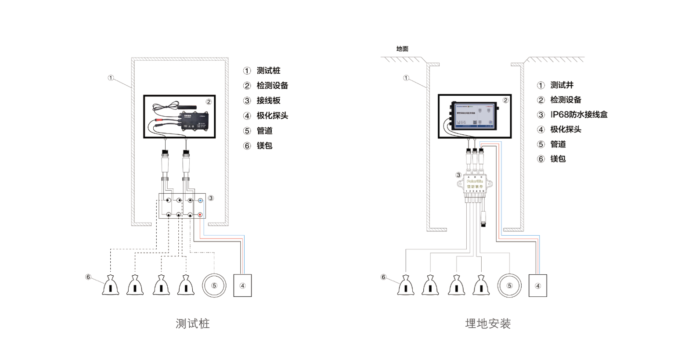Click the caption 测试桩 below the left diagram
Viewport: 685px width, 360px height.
pyautogui.click(x=193, y=324)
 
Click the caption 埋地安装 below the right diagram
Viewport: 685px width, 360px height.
pyautogui.click(x=488, y=324)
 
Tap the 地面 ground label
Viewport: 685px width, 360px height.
pyautogui.click(x=402, y=49)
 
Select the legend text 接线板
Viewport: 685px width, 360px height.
pyautogui.click(x=268, y=101)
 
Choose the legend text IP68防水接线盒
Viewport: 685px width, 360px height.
pyautogui.click(x=579, y=115)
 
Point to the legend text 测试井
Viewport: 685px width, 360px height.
pyautogui.click(x=562, y=85)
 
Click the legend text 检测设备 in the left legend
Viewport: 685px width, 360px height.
pyautogui.click(x=272, y=86)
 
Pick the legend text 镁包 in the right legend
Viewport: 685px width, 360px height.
pyautogui.click(x=558, y=159)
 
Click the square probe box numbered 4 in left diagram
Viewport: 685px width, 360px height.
pyautogui.click(x=242, y=285)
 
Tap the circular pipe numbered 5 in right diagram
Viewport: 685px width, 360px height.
pyautogui.click(x=509, y=285)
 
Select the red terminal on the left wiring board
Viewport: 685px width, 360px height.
pyautogui.click(x=200, y=215)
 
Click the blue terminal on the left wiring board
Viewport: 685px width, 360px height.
pyautogui.click(x=200, y=201)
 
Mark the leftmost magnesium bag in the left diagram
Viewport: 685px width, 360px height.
pyautogui.click(x=110, y=286)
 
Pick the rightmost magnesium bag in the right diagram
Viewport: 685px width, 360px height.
pyautogui.click(x=481, y=286)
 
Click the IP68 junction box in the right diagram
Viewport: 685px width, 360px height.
pyautogui.click(x=475, y=184)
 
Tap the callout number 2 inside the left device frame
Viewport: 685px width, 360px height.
pyautogui.click(x=209, y=102)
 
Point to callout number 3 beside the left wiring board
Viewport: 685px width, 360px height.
pyautogui.click(x=211, y=198)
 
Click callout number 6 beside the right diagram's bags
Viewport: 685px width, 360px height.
pyautogui.click(x=383, y=277)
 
